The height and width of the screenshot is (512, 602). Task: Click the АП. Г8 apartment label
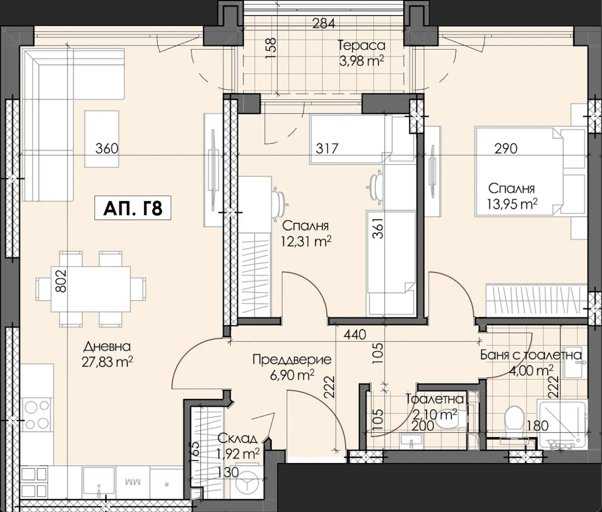pyautogui.click(x=132, y=208)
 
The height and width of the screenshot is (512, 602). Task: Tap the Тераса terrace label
pyautogui.click(x=362, y=45)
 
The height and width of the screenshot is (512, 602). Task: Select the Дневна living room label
pyautogui.click(x=107, y=346)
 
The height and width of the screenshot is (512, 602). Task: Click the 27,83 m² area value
pyautogui.click(x=107, y=362)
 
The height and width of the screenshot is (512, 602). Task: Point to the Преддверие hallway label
pyautogui.click(x=292, y=360)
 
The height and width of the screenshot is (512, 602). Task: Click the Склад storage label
pyautogui.click(x=237, y=438)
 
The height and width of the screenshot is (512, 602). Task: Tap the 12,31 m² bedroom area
pyautogui.click(x=306, y=241)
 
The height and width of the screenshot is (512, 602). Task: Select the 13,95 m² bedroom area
pyautogui.click(x=512, y=204)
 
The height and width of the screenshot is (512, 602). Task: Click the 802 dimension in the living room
pyautogui.click(x=61, y=281)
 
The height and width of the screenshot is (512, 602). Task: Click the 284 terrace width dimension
pyautogui.click(x=324, y=23)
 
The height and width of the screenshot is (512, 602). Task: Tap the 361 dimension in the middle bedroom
pyautogui.click(x=379, y=228)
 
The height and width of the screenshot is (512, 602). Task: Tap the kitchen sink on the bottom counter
pyautogui.click(x=99, y=482)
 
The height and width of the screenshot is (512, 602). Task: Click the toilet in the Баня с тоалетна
pyautogui.click(x=515, y=419)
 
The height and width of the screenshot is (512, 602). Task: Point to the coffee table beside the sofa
pyautogui.click(x=102, y=139)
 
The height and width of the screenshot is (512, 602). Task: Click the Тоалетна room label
pyautogui.click(x=435, y=399)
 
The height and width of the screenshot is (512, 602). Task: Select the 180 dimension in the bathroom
pyautogui.click(x=538, y=426)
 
